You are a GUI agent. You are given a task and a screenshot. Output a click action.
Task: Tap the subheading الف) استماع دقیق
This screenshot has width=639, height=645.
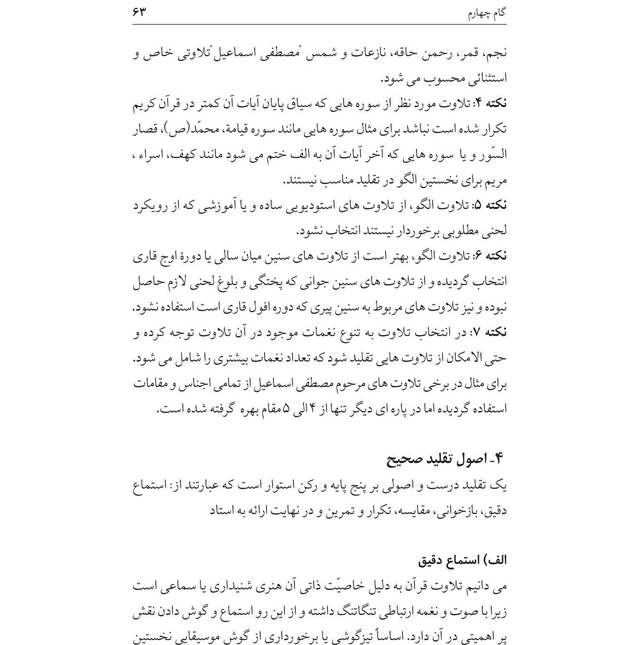[462, 561]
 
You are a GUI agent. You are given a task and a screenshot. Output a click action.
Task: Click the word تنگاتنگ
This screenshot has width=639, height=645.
[343, 612]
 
